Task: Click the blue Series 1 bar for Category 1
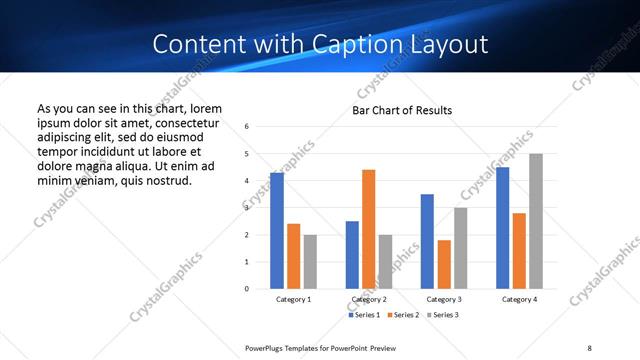point(277,230)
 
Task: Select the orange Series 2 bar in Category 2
point(368,229)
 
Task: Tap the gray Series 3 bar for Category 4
point(536,221)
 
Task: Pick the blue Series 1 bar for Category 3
point(427,241)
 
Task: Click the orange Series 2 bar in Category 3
point(444,264)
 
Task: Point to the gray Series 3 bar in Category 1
point(310,261)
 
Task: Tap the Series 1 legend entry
point(364,315)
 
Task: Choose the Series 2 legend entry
point(402,315)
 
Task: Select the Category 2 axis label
point(369,299)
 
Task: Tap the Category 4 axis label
point(519,299)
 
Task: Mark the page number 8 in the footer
point(589,347)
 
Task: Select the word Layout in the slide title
point(448,44)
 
